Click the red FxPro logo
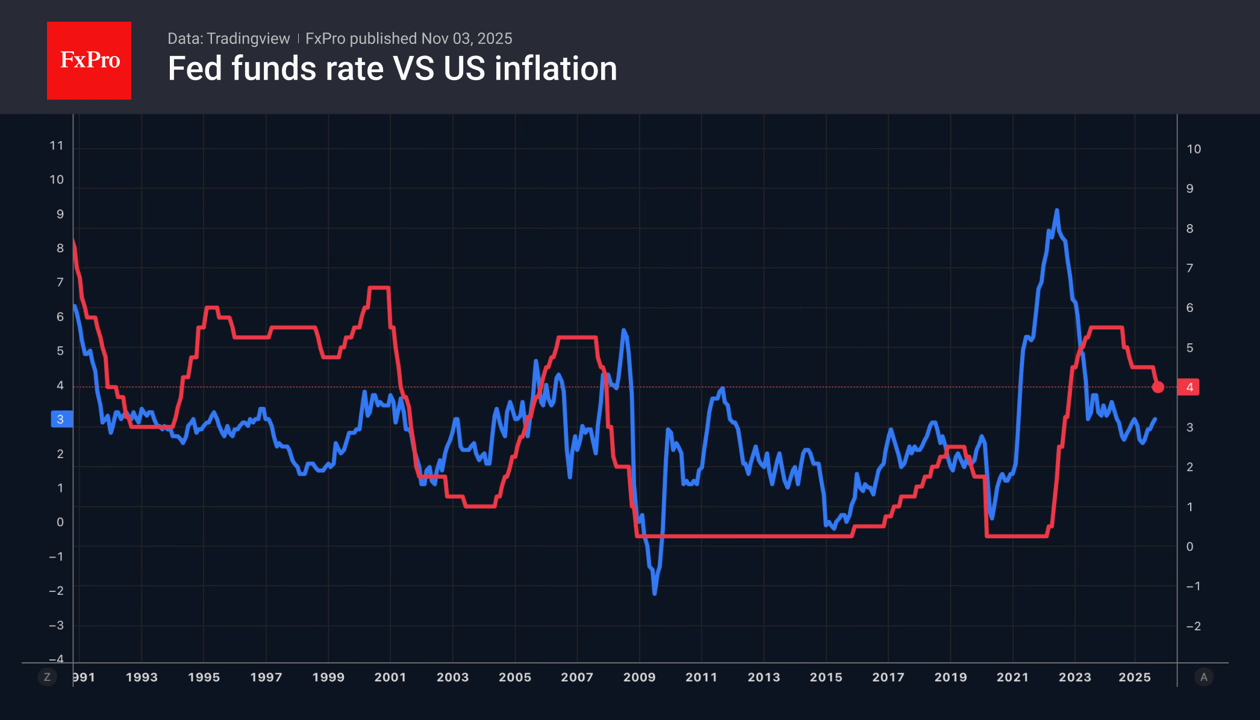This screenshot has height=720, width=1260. [x=89, y=61]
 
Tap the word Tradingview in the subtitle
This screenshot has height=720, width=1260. [x=248, y=39]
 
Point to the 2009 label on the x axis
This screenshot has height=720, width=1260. [x=639, y=677]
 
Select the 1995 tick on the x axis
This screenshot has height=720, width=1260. [x=204, y=677]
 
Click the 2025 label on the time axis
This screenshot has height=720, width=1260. [x=1135, y=677]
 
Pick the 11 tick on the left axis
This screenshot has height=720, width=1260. [x=57, y=146]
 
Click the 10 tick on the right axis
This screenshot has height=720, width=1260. [x=1194, y=149]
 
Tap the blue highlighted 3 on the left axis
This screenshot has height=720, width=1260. [x=61, y=420]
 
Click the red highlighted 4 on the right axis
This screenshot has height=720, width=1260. [x=1190, y=387]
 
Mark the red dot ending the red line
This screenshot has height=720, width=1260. [x=1158, y=387]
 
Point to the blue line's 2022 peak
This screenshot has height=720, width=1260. [x=1056, y=211]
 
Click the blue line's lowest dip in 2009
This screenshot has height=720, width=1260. [x=655, y=593]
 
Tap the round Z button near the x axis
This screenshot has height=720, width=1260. [x=47, y=677]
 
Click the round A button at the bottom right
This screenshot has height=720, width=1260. [x=1203, y=677]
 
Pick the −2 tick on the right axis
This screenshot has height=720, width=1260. [x=1193, y=627]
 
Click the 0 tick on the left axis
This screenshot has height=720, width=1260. [x=60, y=523]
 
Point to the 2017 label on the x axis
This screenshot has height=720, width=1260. [x=888, y=677]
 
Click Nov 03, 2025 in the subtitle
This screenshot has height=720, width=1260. [x=467, y=39]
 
